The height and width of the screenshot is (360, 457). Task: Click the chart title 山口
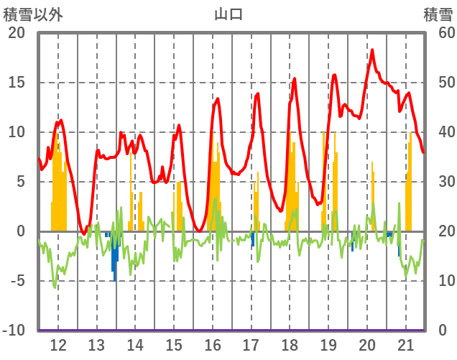coord(228,14)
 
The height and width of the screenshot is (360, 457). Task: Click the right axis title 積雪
coord(438,14)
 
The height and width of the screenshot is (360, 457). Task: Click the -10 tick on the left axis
coord(14,330)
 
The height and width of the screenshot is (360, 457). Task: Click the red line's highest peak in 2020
coord(372,50)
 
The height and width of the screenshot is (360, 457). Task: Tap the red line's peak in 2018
coord(294,78)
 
